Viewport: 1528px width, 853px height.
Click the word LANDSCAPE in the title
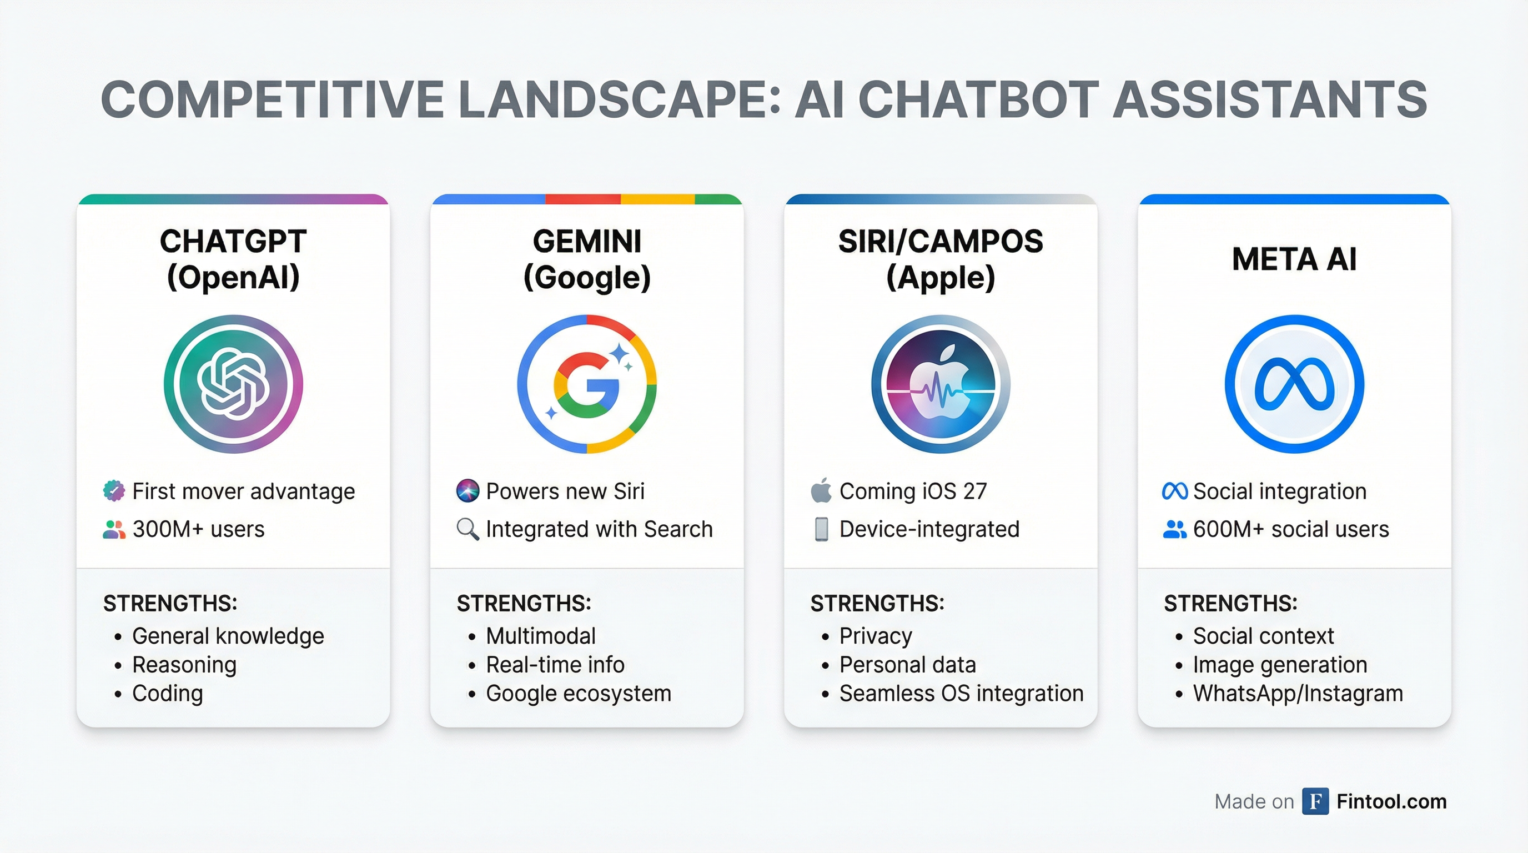coord(613,99)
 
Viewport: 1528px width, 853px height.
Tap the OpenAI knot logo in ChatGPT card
coord(233,384)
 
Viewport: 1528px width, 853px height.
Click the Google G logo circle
coord(587,384)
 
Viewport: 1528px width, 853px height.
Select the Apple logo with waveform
coord(940,384)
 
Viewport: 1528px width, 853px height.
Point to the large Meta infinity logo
coord(1294,384)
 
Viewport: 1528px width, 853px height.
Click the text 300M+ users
coord(198,529)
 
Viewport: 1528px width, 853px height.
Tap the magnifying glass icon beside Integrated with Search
coord(468,529)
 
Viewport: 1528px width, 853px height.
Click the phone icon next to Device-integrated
coord(821,529)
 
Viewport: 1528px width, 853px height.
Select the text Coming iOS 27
coord(913,491)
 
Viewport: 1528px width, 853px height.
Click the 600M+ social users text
coord(1291,529)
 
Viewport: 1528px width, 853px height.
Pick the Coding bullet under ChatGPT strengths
coord(167,694)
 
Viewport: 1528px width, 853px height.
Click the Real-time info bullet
coord(555,665)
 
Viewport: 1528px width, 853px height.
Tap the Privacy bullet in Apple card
coord(876,636)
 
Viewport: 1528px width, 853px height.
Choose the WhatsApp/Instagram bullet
coord(1298,694)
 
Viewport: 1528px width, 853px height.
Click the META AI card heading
coord(1294,259)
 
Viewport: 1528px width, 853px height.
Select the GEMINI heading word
coord(587,242)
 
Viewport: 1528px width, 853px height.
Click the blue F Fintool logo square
coord(1315,801)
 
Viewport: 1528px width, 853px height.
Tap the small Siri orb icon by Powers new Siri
coord(468,491)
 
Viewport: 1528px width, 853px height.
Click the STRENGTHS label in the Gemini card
coord(523,603)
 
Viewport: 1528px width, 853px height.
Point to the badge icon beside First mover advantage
coord(114,491)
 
